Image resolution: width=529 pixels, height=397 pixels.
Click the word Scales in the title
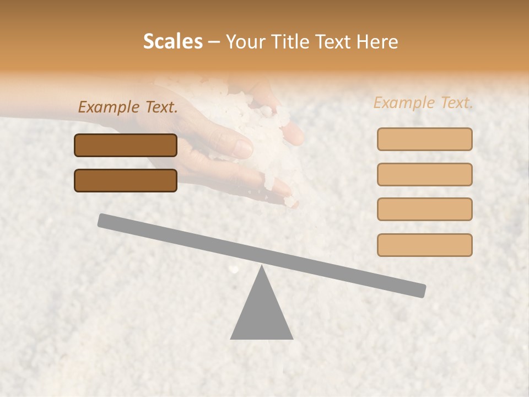click(172, 42)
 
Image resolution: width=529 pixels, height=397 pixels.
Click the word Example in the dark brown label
click(109, 108)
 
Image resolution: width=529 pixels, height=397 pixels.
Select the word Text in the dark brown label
click(161, 108)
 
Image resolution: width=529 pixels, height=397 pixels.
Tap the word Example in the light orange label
click(404, 103)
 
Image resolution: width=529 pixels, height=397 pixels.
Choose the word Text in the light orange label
click(456, 103)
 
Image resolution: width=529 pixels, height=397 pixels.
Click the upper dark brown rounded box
click(126, 145)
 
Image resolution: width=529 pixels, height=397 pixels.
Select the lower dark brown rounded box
click(126, 180)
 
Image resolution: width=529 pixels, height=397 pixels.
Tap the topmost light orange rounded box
click(424, 139)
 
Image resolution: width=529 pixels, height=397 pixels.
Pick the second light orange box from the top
click(424, 174)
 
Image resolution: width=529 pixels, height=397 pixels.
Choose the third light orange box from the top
click(424, 209)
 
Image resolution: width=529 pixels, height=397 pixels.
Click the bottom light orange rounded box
click(424, 245)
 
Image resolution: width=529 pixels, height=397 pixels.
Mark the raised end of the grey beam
click(105, 220)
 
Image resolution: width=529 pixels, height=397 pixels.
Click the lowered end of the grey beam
click(419, 290)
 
